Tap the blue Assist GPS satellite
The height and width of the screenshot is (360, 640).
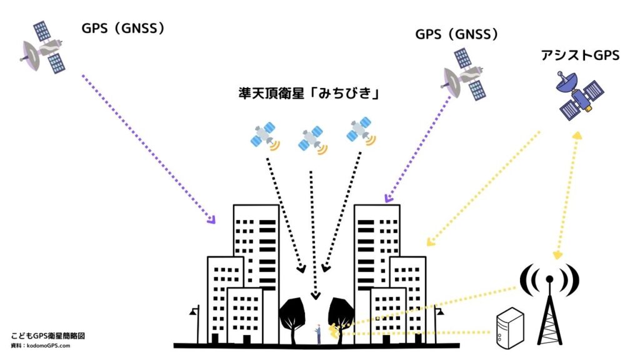tap(581, 95)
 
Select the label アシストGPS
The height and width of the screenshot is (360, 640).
tap(580, 55)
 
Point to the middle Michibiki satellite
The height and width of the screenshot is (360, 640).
tap(311, 140)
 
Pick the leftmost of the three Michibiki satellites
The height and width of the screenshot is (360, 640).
tap(265, 136)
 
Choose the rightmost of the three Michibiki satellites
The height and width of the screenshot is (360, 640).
tap(361, 131)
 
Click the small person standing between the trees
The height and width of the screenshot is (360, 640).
tap(318, 333)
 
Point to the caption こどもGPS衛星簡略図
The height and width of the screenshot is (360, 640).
tap(47, 336)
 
